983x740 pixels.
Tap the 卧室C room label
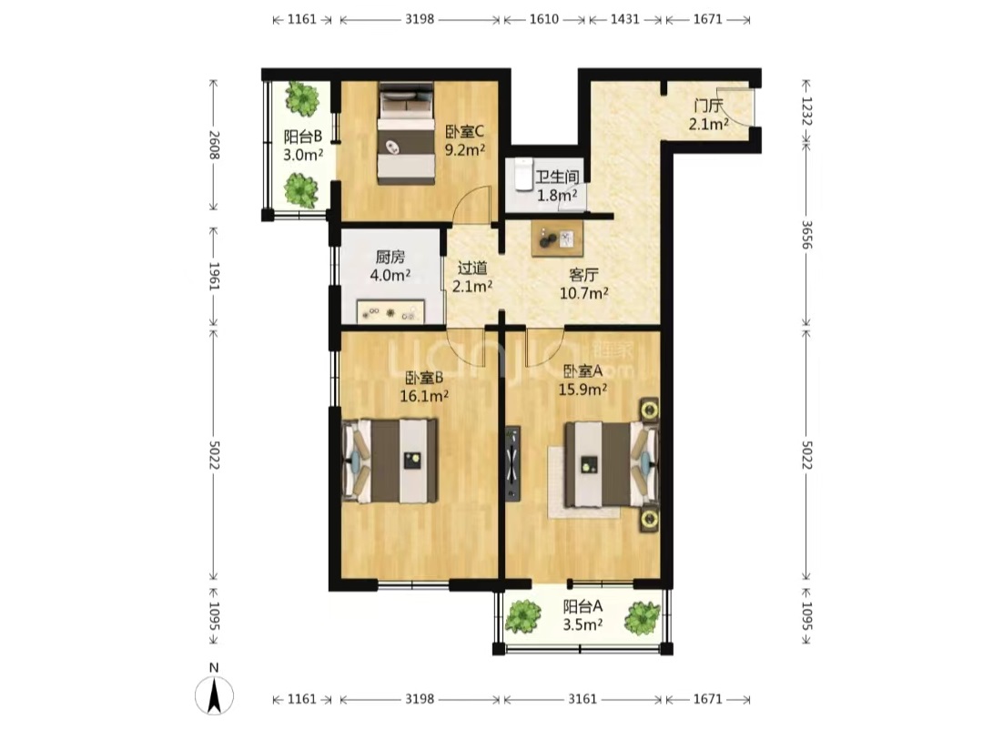(465, 132)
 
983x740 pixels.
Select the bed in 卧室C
(406, 134)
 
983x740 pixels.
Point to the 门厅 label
(708, 106)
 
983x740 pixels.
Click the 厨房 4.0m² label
(390, 266)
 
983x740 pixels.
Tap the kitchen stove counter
(390, 311)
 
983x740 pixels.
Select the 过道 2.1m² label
(472, 278)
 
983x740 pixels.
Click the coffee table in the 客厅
(557, 239)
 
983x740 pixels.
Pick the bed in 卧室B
(390, 461)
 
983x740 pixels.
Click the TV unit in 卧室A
(512, 464)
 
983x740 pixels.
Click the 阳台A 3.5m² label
(583, 615)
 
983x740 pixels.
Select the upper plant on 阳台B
(303, 97)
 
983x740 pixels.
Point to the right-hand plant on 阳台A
(643, 618)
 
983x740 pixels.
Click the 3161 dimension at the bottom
(583, 699)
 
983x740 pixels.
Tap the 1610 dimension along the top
(544, 19)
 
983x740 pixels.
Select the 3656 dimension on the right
(806, 235)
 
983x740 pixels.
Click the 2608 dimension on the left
(214, 145)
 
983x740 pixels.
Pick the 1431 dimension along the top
(625, 19)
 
